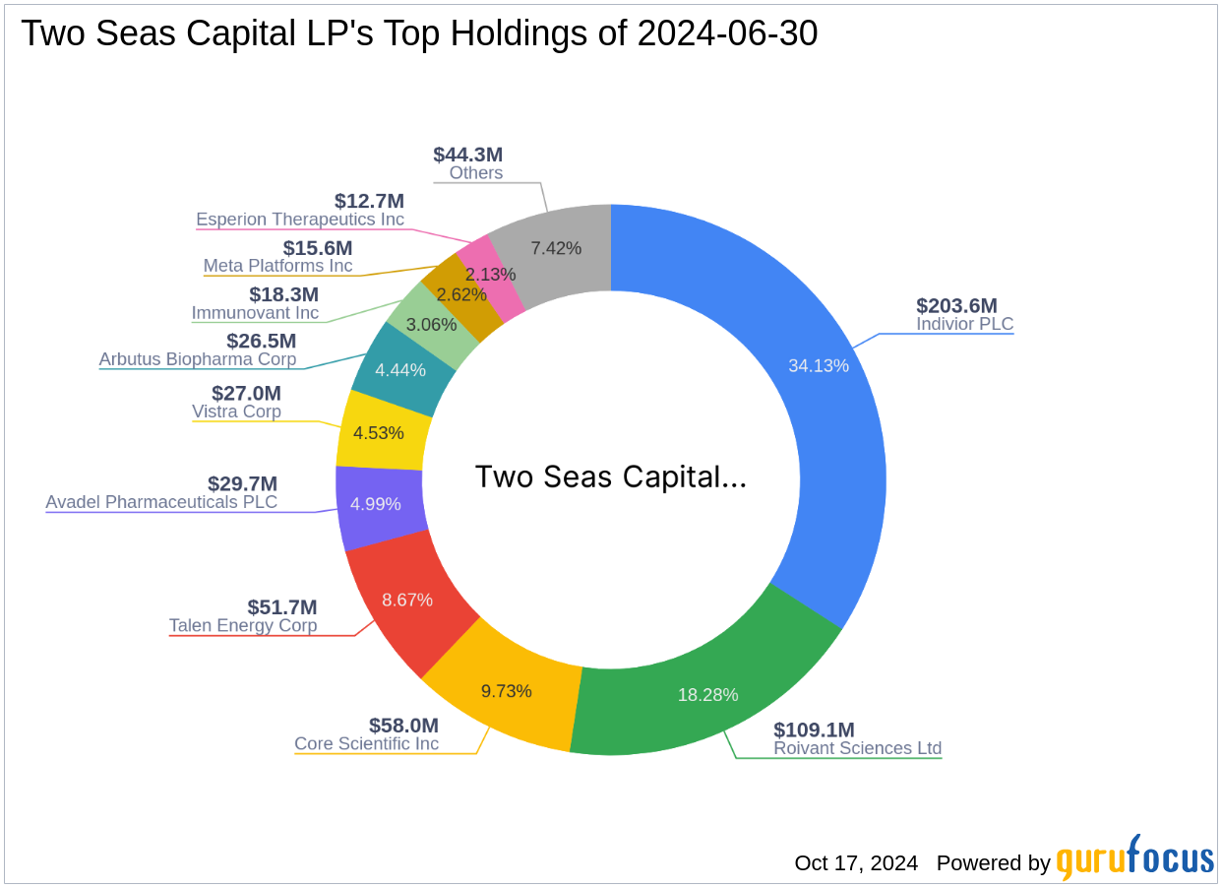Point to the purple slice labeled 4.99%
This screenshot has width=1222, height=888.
pos(375,504)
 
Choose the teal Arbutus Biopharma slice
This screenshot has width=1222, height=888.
pos(400,370)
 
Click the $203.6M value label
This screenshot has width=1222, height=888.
pos(956,305)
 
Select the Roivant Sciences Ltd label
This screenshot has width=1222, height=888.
pos(857,748)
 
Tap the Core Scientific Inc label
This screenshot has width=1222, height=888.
pos(366,744)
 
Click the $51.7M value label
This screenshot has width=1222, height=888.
pos(281,607)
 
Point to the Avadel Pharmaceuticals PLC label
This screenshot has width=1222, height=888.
pos(161,502)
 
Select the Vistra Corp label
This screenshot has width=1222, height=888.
pos(236,412)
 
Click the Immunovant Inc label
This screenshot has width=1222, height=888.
pos(255,313)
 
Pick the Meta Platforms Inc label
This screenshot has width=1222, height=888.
pos(277,266)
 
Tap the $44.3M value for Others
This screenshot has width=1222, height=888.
pos(467,155)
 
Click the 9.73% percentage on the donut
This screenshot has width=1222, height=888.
pos(507,691)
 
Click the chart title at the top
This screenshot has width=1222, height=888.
pos(419,34)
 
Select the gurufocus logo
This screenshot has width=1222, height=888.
pos(1134,859)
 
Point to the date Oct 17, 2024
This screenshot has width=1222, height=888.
pos(856,863)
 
